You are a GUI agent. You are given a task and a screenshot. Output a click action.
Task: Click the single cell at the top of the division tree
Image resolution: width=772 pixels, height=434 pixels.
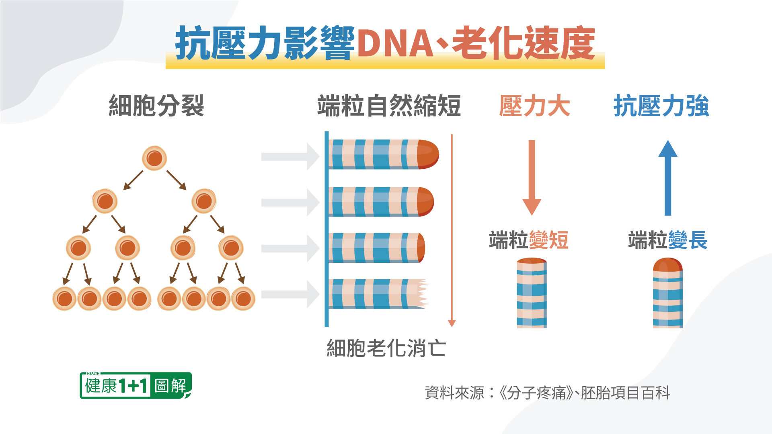tap(154, 158)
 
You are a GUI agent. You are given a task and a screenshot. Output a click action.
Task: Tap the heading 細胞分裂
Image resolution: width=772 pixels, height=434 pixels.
tap(156, 106)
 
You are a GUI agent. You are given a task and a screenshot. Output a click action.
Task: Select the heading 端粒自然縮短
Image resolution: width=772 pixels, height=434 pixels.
tap(389, 106)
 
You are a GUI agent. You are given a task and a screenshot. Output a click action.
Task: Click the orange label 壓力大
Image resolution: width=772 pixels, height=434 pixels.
tap(534, 106)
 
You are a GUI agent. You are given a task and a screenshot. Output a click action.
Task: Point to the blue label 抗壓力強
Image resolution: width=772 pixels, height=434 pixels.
tap(661, 106)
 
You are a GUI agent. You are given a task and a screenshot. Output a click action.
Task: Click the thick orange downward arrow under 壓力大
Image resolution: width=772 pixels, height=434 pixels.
tap(532, 177)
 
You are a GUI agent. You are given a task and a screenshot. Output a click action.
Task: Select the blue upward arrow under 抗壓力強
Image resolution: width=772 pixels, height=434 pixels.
tap(668, 177)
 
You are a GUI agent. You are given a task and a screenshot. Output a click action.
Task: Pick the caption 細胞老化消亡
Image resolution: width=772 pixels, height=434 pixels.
tap(386, 348)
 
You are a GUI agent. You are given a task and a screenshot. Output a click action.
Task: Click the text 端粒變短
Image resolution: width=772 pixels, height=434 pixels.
tap(528, 240)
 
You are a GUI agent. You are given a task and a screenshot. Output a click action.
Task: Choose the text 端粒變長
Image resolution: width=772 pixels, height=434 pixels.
tap(667, 240)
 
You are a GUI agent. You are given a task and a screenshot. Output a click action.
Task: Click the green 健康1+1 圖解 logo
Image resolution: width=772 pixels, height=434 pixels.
tap(136, 386)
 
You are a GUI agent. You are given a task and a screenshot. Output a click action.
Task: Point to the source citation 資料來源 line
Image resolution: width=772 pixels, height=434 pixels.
tap(547, 393)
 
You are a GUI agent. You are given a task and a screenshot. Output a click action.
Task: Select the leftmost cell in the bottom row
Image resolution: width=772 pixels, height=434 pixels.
tap(64, 299)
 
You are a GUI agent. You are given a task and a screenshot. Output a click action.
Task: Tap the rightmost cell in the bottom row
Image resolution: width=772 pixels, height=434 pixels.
tap(243, 299)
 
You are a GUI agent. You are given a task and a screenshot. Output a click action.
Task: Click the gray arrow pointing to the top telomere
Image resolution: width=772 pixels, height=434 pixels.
tap(289, 156)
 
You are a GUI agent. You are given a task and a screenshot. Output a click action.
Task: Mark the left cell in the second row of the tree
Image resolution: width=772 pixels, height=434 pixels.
tap(105, 201)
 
